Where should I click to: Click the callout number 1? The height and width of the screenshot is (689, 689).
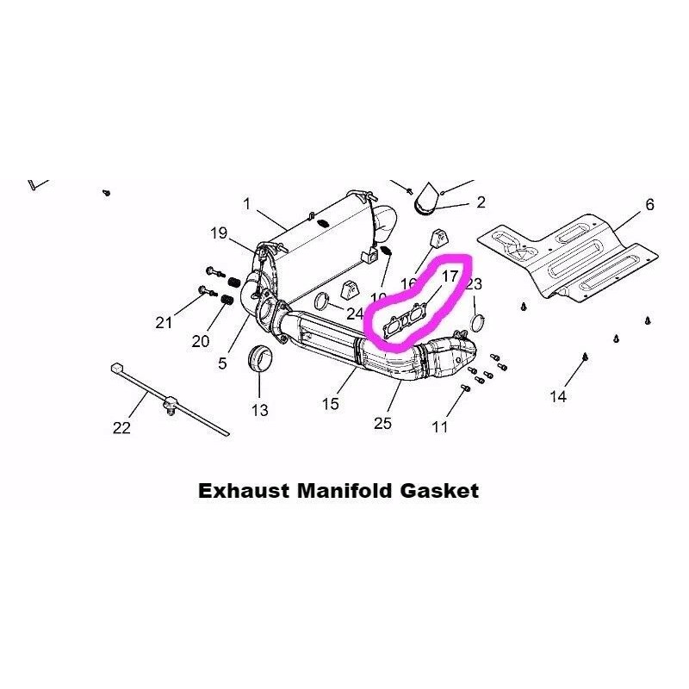246,204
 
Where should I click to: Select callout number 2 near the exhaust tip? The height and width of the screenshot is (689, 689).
481,202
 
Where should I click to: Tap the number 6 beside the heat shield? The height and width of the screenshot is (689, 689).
649,204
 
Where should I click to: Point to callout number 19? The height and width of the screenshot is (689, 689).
218,233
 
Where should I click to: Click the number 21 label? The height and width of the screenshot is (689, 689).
164,323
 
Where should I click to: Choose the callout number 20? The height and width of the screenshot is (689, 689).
201,341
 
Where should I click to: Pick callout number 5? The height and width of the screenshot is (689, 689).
222,363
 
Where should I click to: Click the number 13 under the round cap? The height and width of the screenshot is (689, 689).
259,410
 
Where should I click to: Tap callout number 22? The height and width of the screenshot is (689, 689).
121,427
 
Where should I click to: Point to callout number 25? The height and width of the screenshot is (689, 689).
384,422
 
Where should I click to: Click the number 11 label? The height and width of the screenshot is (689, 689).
440,426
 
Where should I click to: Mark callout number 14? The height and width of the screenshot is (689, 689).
559,396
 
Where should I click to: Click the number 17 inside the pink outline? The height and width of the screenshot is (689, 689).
450,276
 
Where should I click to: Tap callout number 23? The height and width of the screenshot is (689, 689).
475,284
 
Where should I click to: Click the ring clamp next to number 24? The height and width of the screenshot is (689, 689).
321,301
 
